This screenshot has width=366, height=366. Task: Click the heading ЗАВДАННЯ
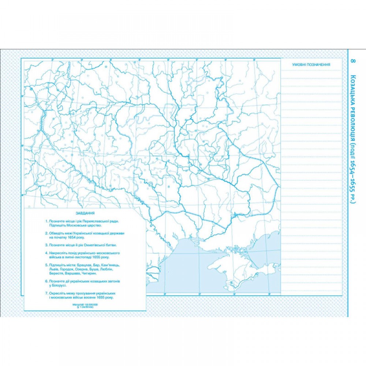(84, 213)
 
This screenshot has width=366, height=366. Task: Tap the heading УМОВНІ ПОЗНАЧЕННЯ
(311, 64)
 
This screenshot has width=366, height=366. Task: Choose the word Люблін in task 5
(106, 269)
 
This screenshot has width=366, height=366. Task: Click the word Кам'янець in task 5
(110, 264)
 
